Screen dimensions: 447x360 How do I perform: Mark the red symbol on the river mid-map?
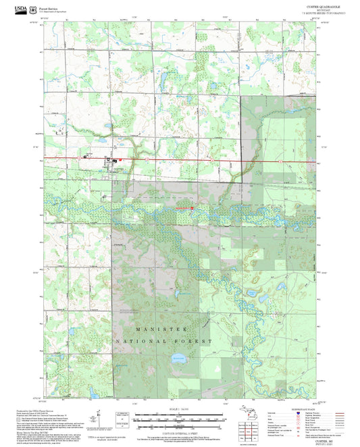[192, 207]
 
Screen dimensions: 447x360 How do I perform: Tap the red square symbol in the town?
[115, 159]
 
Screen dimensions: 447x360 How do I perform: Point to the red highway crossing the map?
[203, 161]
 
